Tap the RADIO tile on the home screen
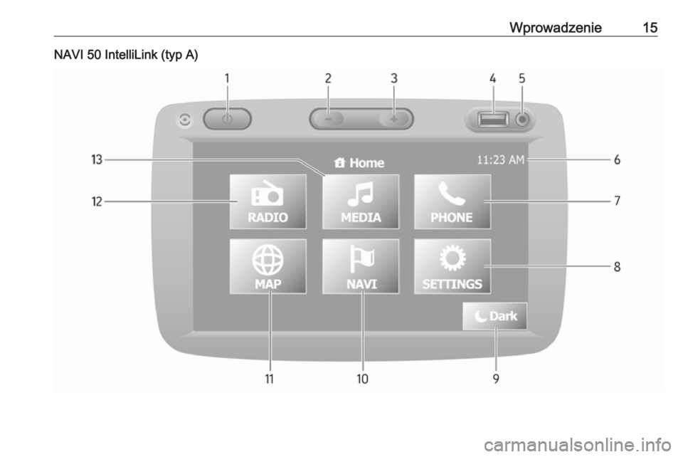click(x=268, y=201)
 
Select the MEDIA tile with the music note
click(x=361, y=201)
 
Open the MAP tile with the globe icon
click(x=268, y=266)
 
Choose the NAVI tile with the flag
click(x=361, y=266)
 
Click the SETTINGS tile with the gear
click(x=452, y=266)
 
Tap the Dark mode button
click(x=495, y=316)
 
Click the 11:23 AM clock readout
click(x=500, y=160)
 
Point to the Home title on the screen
click(x=359, y=163)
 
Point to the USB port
click(x=493, y=119)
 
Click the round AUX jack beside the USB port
click(x=522, y=119)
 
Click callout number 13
click(x=97, y=160)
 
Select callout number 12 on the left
click(x=97, y=201)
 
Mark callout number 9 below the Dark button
click(x=496, y=379)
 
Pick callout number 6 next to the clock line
click(x=618, y=160)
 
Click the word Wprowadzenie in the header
click(x=556, y=28)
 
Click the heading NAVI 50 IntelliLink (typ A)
click(x=126, y=56)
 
